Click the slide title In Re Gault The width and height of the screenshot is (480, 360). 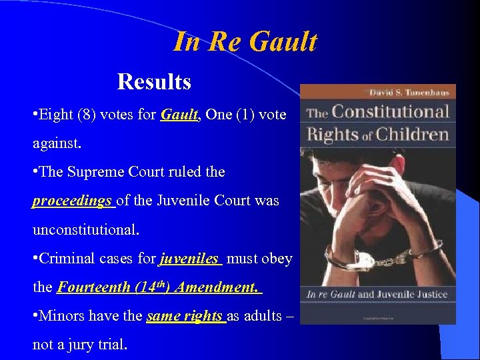[245, 42]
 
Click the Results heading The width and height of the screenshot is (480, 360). [154, 82]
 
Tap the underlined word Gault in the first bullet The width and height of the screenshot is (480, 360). [179, 115]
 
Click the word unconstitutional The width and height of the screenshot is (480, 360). [86, 230]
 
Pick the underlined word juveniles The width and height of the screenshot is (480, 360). [189, 259]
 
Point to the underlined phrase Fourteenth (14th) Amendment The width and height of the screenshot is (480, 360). [158, 287]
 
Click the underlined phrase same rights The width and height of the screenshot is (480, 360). [185, 316]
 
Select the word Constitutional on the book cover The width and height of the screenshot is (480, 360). [391, 111]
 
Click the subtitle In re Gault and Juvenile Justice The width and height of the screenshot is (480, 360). [377, 294]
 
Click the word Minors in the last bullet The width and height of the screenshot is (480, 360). [62, 316]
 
